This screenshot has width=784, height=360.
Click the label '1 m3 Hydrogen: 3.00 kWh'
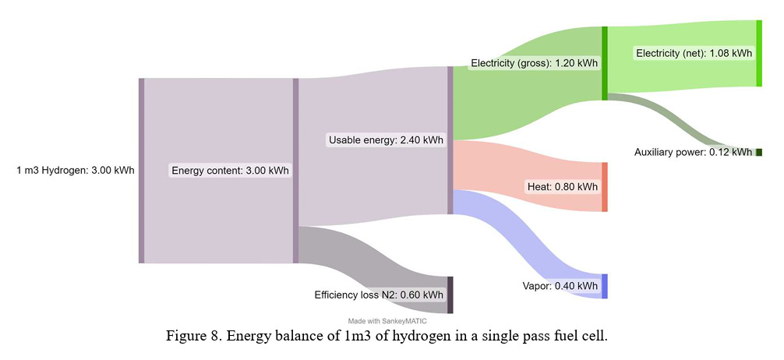tap(76, 171)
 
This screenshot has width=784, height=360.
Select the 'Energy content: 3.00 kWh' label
tap(230, 171)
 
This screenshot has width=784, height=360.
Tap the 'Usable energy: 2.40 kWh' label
tap(385, 140)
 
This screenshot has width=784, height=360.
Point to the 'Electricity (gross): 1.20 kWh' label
tap(534, 63)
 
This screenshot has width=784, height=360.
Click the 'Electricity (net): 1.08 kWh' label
tap(694, 54)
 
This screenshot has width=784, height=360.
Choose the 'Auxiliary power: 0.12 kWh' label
tap(693, 152)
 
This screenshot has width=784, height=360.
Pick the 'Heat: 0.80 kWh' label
tap(563, 187)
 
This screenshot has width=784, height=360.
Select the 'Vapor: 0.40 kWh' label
tap(560, 286)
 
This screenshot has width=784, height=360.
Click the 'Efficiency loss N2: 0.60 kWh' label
tap(379, 295)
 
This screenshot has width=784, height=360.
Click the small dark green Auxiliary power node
tap(759, 152)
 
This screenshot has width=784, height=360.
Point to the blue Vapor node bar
tap(605, 286)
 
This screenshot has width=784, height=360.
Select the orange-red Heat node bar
tap(605, 187)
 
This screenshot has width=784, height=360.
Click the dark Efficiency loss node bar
tap(450, 295)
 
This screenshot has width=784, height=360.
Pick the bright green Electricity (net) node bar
tap(759, 54)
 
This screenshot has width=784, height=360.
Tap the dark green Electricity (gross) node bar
tap(605, 63)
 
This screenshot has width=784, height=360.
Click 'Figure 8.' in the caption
tap(192, 336)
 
